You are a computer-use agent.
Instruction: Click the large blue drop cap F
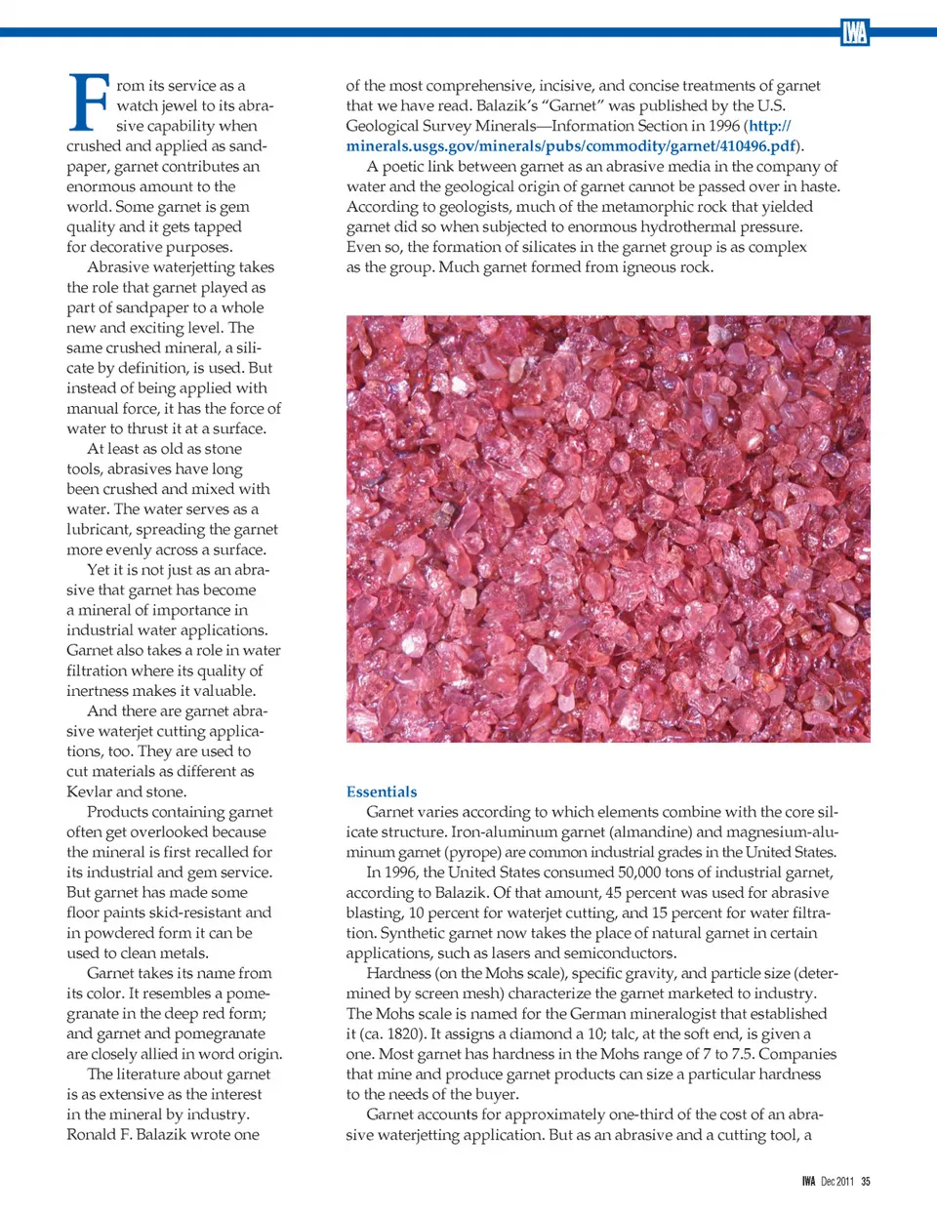pyautogui.click(x=90, y=102)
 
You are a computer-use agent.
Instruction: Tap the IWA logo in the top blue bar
pyautogui.click(x=854, y=33)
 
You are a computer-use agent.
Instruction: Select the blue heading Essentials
pyautogui.click(x=382, y=791)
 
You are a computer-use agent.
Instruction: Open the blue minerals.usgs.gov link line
pyautogui.click(x=571, y=145)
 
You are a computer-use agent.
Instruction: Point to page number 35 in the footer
pyautogui.click(x=866, y=1181)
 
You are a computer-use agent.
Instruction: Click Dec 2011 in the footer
pyautogui.click(x=836, y=1181)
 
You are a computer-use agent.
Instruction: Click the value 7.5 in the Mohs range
pyautogui.click(x=742, y=1054)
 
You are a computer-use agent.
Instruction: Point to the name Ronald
pyautogui.click(x=94, y=1134)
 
